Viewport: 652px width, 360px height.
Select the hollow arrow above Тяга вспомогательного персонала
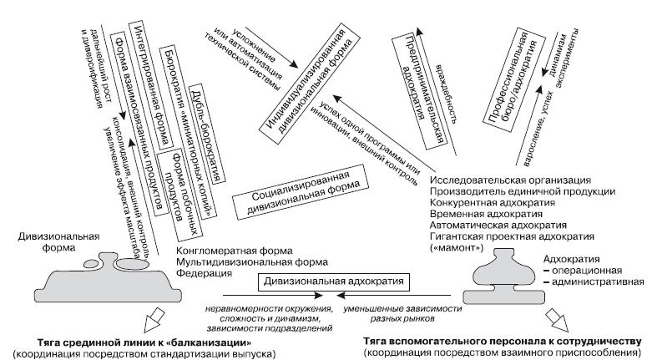[x=553, y=321]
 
